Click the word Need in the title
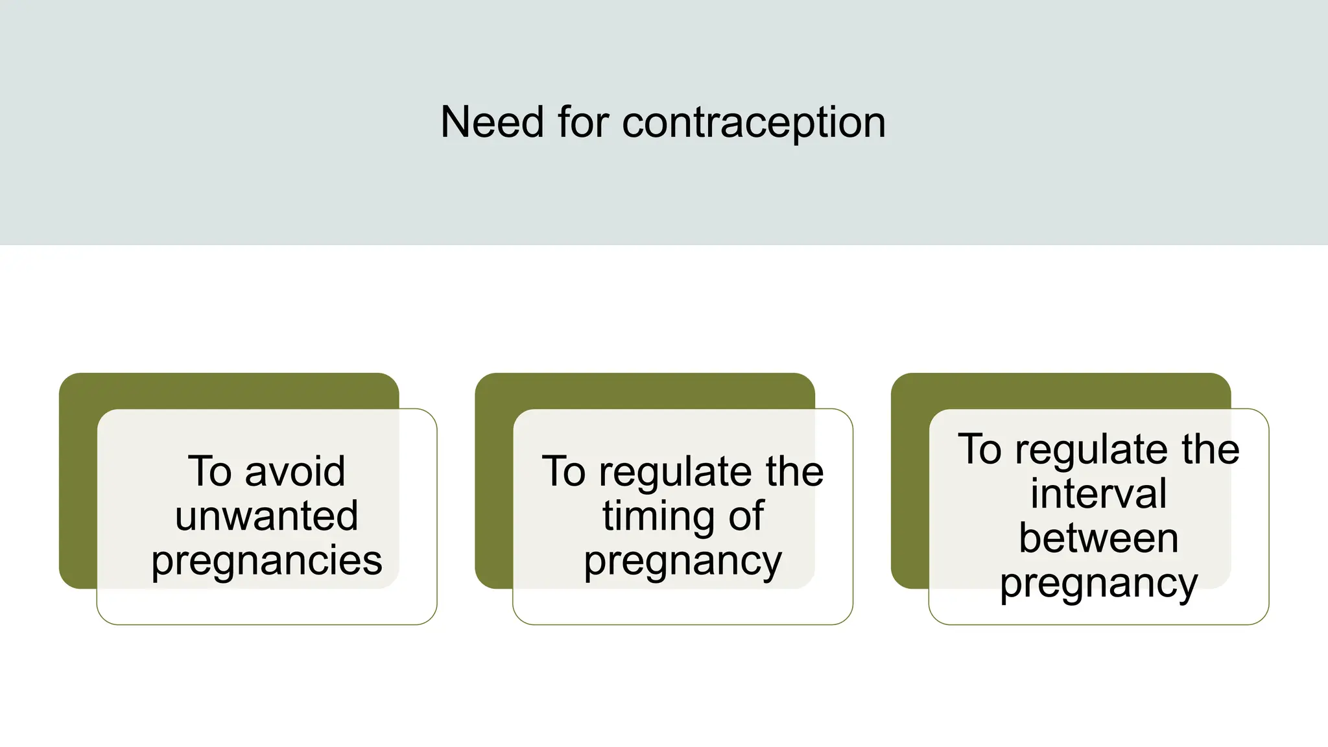pos(492,122)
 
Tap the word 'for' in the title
pos(582,122)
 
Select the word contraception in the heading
pos(753,123)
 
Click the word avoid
pos(295,471)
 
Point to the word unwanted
pos(267,516)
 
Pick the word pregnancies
pos(267,561)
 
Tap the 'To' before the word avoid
pos(209,471)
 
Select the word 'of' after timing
pos(746,516)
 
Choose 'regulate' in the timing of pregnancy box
pos(674,472)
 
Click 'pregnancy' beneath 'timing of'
pos(683,561)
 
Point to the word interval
pos(1098,493)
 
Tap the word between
pos(1098,538)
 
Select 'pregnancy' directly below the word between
pos(1098,584)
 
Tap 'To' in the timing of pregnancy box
pos(563,471)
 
